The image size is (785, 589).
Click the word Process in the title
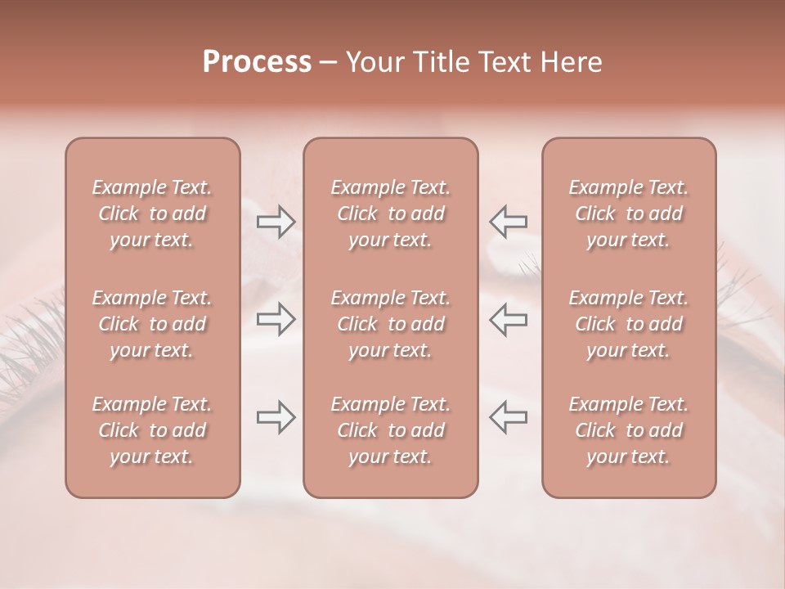(x=257, y=62)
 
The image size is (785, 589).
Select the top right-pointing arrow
(x=276, y=222)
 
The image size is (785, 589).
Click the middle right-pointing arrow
(x=276, y=319)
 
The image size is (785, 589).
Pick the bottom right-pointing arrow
(x=276, y=417)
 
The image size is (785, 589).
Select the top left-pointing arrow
(x=508, y=222)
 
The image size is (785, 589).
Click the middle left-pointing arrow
(x=508, y=319)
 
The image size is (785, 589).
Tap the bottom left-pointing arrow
(x=508, y=417)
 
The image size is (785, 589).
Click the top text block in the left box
(x=152, y=214)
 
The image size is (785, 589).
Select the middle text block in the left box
(x=152, y=324)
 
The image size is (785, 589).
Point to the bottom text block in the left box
(x=152, y=430)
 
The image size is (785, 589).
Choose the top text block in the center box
(x=391, y=214)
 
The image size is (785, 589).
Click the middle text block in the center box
(x=391, y=324)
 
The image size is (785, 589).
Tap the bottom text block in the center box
(x=391, y=430)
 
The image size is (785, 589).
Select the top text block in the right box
(x=629, y=214)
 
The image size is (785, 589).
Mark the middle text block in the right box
(x=629, y=324)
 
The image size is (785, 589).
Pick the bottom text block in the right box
(x=629, y=430)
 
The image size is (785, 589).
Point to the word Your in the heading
(x=375, y=62)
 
